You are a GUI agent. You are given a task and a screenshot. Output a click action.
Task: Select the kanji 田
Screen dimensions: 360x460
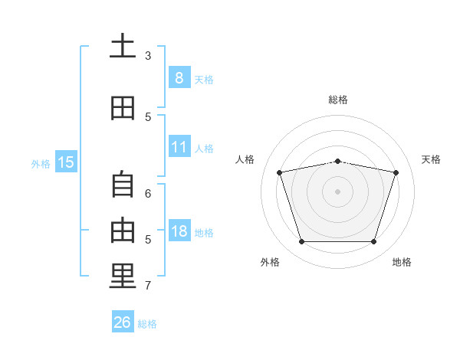123,108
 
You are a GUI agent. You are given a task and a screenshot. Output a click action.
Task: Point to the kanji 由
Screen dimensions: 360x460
123,229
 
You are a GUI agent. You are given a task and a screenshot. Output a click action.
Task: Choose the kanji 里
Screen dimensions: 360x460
123,276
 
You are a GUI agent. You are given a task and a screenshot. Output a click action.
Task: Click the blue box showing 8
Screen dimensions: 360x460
179,78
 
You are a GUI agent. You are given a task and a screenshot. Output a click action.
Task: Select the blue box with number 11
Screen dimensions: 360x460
179,147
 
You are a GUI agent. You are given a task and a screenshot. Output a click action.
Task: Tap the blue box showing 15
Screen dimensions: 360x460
66,162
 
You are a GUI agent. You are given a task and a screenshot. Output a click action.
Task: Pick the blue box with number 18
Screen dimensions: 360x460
179,231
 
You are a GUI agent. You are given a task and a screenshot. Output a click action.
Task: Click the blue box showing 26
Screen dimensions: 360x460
122,322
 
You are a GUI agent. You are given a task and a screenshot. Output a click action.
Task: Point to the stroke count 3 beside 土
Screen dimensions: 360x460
148,56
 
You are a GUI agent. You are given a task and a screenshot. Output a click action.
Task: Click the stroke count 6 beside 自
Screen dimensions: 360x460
148,194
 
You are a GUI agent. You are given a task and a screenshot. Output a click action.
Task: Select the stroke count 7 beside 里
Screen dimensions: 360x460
148,286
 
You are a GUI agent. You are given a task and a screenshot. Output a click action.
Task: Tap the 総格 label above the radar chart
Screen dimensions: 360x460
338,100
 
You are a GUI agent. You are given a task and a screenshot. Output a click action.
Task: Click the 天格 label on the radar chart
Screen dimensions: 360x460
431,159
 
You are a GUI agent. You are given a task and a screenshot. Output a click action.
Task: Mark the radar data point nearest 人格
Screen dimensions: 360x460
280,173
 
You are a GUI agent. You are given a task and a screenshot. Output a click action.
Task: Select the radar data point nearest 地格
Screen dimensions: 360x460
373,242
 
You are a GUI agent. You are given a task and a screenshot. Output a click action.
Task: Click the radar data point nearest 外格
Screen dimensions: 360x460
301,242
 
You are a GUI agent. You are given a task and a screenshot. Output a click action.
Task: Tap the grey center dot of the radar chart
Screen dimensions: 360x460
337,191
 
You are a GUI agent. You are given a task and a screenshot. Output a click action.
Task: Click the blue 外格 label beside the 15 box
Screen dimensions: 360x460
41,162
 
